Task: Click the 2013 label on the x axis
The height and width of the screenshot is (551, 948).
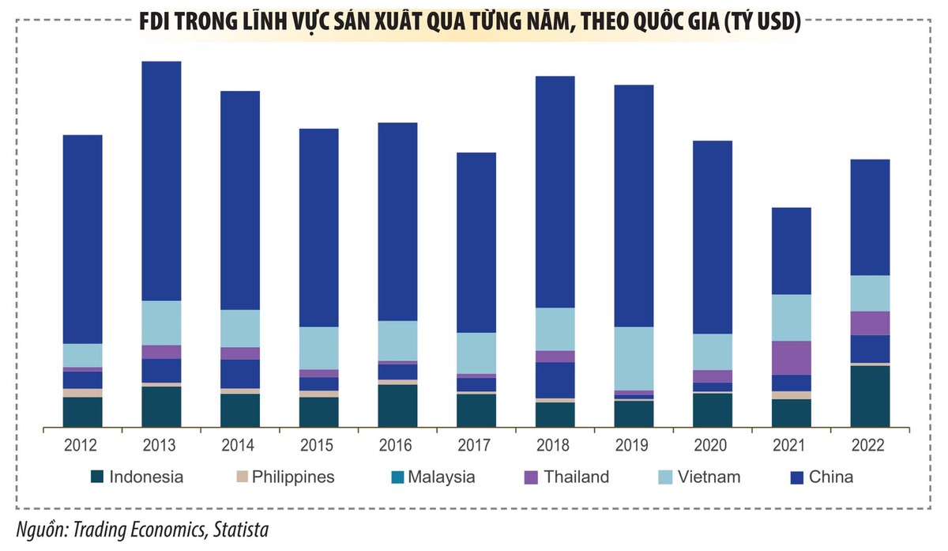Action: click(161, 446)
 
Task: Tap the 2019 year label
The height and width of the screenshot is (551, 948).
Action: click(634, 446)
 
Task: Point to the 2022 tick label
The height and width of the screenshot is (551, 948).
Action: click(870, 446)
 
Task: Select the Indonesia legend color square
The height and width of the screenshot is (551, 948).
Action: click(97, 477)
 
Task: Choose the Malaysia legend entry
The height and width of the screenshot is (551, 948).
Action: click(442, 477)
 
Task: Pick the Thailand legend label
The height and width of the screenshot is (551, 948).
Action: click(577, 477)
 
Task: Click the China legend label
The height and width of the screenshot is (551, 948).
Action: click(831, 477)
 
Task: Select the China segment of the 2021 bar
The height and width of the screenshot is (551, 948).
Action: click(791, 251)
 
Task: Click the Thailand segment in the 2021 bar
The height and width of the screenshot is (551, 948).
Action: click(791, 357)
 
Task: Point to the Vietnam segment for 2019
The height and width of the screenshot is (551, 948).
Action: click(634, 358)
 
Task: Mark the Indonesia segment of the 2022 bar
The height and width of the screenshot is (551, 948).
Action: click(870, 396)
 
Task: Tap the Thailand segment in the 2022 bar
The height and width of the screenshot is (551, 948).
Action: click(870, 323)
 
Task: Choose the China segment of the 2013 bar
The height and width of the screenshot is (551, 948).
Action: click(161, 180)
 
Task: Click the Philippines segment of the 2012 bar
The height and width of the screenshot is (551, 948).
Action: click(82, 393)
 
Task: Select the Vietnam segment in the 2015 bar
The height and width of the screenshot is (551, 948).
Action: click(318, 348)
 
